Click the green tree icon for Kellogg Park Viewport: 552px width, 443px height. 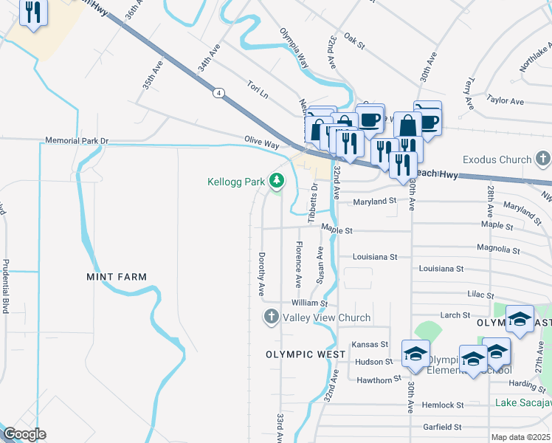tap(277, 181)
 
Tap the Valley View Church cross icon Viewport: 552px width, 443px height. tap(271, 317)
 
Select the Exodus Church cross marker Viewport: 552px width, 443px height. tap(543, 159)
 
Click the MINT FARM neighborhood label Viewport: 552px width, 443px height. tap(117, 277)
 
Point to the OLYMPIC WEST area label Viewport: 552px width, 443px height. tap(306, 354)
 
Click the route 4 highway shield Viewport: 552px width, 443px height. tap(219, 93)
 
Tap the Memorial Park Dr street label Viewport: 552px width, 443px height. tap(77, 140)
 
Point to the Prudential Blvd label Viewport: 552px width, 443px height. tap(5, 286)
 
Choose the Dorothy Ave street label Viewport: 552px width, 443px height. tap(261, 273)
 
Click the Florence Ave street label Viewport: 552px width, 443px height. tap(298, 264)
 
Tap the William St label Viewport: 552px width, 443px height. tap(309, 303)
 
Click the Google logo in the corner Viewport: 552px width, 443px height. tap(24, 435)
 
